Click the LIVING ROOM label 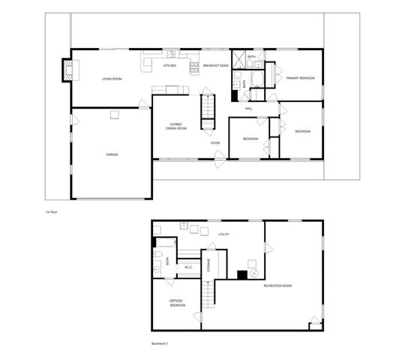pyautogui.click(x=112, y=79)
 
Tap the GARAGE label pyautogui.click(x=112, y=154)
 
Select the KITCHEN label pyautogui.click(x=170, y=65)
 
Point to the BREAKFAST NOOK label pyautogui.click(x=215, y=65)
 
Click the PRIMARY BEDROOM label pyautogui.click(x=300, y=78)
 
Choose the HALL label pyautogui.click(x=248, y=108)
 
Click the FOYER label pyautogui.click(x=215, y=142)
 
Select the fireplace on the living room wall pyautogui.click(x=67, y=70)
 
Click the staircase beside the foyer pyautogui.click(x=208, y=112)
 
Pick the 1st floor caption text pyautogui.click(x=51, y=212)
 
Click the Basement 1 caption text pyautogui.click(x=160, y=343)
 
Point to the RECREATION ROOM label pyautogui.click(x=277, y=286)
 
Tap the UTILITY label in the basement pyautogui.click(x=223, y=235)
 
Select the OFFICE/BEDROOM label pyautogui.click(x=177, y=304)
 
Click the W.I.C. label pyautogui.click(x=188, y=268)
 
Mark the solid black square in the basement pyautogui.click(x=242, y=274)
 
